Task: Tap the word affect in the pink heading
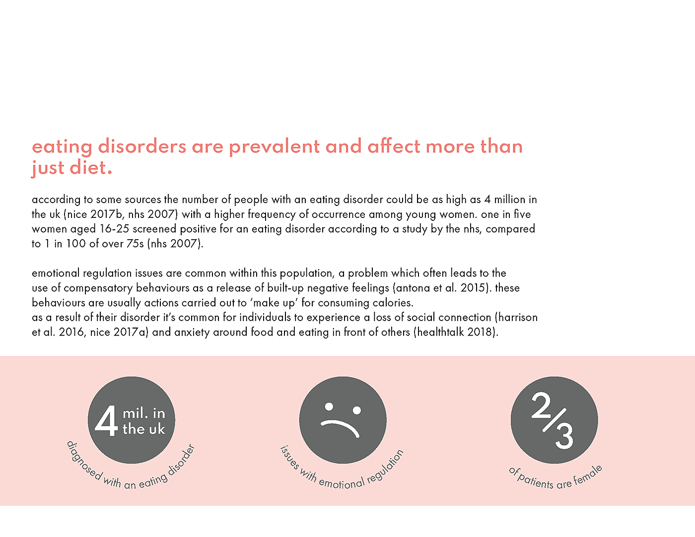(x=394, y=147)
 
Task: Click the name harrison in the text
(x=518, y=318)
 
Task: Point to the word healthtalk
(x=442, y=332)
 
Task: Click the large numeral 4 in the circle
(x=106, y=421)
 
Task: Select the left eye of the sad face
(x=329, y=407)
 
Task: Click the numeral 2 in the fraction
(x=541, y=405)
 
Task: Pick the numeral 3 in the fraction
(x=564, y=435)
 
